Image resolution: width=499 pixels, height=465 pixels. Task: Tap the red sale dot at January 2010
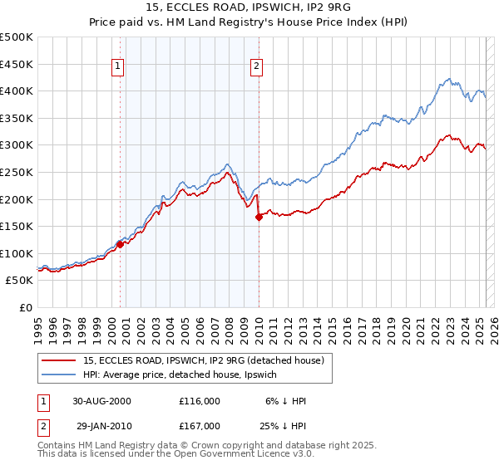coord(259,217)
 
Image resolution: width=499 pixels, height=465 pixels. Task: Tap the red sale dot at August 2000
coord(120,244)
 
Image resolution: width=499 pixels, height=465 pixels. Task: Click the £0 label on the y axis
coord(27,307)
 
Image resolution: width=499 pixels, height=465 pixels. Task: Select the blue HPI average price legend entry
coord(204,375)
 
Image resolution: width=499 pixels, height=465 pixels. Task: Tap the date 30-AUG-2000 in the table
coord(102,400)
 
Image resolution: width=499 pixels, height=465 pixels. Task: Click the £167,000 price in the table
coord(199,425)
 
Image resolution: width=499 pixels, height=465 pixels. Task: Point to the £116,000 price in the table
coord(199,400)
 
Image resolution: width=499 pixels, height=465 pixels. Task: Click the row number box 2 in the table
coord(42,425)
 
